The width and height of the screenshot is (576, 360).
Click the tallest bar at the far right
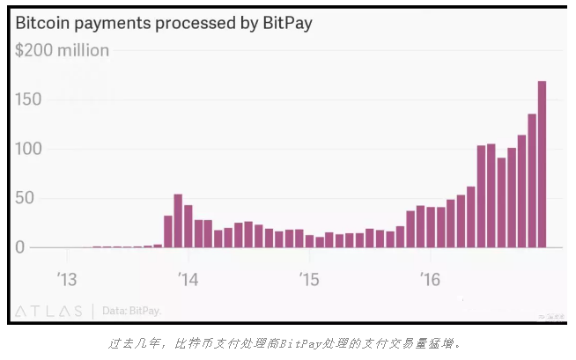point(542,164)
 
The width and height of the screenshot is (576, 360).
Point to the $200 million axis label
point(62,50)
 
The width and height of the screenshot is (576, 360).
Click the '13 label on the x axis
point(67,280)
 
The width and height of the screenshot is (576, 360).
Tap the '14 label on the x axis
point(188,280)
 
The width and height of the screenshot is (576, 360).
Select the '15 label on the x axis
point(308,280)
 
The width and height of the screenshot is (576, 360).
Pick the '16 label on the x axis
point(430,280)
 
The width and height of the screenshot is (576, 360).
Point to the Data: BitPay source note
point(132,311)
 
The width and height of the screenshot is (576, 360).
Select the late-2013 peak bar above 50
point(178,221)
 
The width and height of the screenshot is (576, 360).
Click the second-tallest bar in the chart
point(532,180)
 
